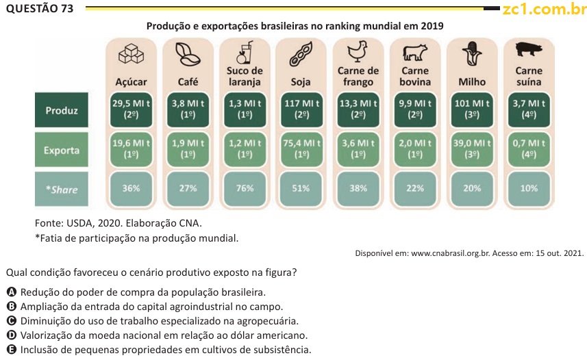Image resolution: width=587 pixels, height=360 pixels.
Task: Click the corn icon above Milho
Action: pyautogui.click(x=471, y=53)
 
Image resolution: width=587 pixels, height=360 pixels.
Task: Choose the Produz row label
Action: pyautogui.click(x=62, y=110)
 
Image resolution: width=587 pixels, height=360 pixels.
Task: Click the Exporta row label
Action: pyautogui.click(x=62, y=150)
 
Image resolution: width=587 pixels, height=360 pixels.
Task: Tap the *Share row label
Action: pyautogui.click(x=62, y=190)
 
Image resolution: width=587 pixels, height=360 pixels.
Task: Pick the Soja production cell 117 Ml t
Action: pyautogui.click(x=301, y=110)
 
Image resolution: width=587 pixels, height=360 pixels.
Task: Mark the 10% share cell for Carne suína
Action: pyautogui.click(x=528, y=188)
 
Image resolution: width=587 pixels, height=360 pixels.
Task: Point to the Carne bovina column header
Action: pyautogui.click(x=414, y=76)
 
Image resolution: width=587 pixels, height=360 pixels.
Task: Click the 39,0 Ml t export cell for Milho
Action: pyautogui.click(x=471, y=149)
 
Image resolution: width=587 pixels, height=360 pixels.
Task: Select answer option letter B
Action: pyautogui.click(x=11, y=307)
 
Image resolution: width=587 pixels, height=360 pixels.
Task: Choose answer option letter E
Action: pyautogui.click(x=11, y=350)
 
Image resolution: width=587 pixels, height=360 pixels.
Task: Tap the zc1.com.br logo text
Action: pyautogui.click(x=544, y=9)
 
